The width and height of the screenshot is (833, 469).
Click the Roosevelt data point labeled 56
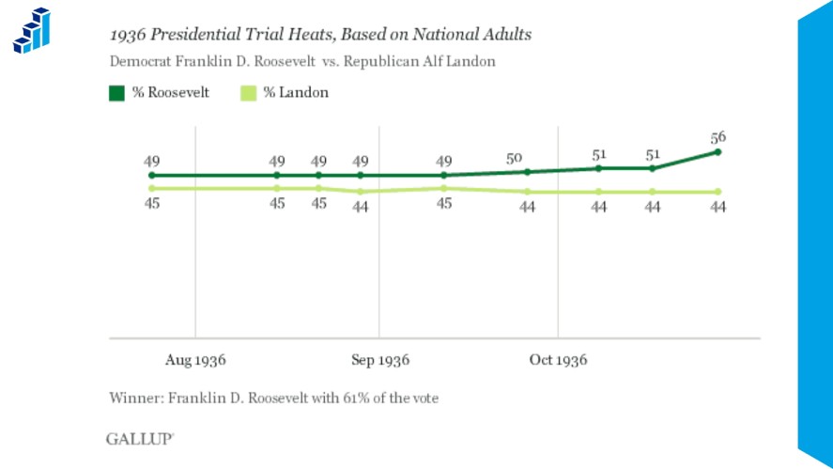[717, 151]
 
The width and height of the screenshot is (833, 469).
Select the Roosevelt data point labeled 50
[528, 172]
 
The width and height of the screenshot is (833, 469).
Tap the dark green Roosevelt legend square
[117, 93]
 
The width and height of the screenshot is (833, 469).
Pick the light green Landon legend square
[249, 93]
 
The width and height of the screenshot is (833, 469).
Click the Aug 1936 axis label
[195, 360]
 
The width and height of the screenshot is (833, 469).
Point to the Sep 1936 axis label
[379, 360]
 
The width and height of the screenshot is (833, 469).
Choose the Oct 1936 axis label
[558, 360]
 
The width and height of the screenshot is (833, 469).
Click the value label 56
[718, 136]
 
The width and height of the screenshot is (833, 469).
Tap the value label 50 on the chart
[515, 159]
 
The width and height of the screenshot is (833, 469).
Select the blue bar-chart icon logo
[31, 30]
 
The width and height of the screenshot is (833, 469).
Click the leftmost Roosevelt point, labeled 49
[152, 176]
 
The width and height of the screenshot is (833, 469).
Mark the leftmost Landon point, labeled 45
[152, 189]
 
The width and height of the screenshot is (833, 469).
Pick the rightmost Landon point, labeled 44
[717, 192]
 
